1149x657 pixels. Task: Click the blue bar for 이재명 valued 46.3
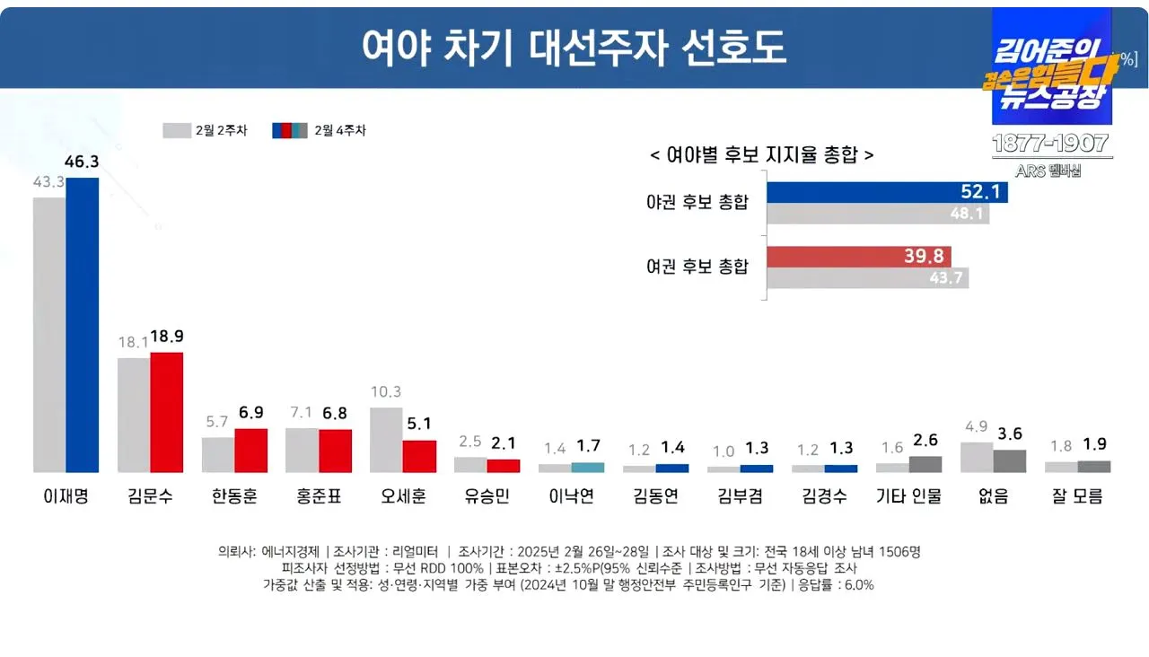click(82, 325)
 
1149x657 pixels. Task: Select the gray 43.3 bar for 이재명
click(49, 335)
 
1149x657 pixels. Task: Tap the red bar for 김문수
click(166, 412)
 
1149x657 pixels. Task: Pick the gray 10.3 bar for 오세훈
click(386, 440)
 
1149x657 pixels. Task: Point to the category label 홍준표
click(319, 496)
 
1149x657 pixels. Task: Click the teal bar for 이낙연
click(588, 468)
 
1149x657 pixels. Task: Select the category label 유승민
click(487, 496)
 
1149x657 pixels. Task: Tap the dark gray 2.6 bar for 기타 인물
click(925, 464)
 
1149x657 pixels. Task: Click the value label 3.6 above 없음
click(1010, 434)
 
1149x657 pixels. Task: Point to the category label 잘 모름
click(1077, 496)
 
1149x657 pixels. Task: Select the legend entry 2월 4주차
click(320, 130)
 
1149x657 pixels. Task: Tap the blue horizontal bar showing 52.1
click(887, 192)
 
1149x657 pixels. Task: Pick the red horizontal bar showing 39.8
click(858, 257)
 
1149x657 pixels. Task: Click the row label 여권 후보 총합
click(697, 267)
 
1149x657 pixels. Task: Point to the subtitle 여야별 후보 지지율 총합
click(761, 154)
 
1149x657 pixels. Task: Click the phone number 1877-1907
click(1051, 144)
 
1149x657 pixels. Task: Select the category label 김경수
click(824, 496)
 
